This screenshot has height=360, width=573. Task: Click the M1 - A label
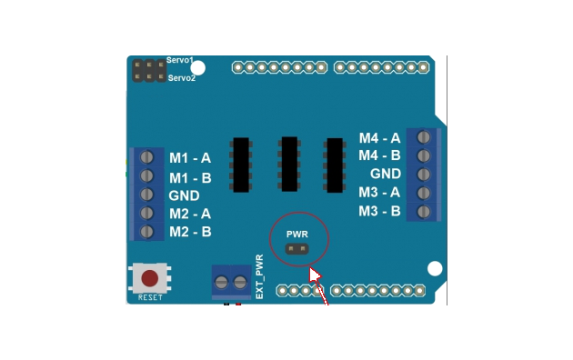pos(189,157)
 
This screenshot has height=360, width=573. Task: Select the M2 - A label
pos(189,214)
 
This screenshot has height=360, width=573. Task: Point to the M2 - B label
pos(189,232)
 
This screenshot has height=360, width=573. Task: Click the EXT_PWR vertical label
pos(259,276)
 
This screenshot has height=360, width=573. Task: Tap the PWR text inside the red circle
pos(297,245)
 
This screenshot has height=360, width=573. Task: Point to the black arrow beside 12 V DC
pos(208,311)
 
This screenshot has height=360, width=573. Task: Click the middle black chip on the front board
pos(290,163)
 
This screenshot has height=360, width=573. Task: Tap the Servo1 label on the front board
pos(180,60)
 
